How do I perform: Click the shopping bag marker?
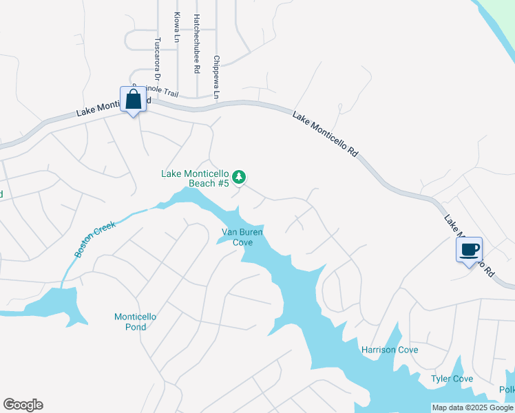133,100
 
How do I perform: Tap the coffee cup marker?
469,250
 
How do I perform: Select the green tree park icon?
239,178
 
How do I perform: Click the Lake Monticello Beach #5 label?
195,178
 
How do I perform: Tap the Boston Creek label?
94,237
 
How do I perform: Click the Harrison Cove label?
390,350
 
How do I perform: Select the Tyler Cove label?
452,379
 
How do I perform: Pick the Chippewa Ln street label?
216,76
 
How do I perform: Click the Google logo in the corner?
23,405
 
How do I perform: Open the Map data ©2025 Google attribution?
473,407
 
